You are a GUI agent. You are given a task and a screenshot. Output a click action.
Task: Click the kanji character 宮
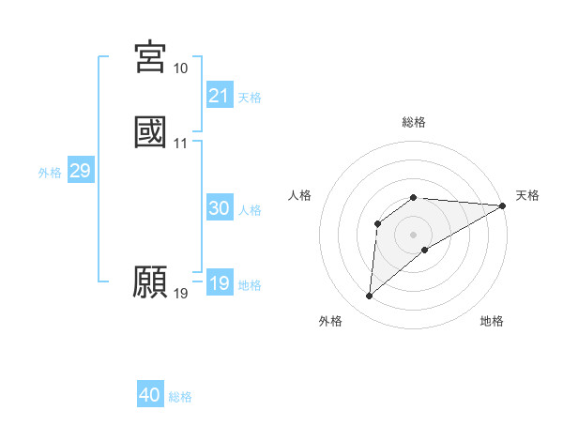tap(151, 56)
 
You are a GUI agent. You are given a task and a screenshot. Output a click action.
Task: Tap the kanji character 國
tap(151, 132)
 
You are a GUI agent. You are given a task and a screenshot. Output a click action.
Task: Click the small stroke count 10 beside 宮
tap(180, 68)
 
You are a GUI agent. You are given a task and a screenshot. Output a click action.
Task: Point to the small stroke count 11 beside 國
tap(180, 144)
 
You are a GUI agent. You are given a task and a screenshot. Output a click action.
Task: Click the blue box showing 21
tap(219, 96)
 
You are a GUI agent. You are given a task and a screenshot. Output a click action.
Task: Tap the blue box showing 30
tap(219, 209)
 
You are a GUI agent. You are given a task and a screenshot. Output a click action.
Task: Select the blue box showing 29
tap(80, 171)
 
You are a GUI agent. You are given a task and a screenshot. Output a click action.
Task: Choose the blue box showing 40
tap(150, 395)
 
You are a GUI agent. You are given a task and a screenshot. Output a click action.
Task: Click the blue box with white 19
tap(219, 283)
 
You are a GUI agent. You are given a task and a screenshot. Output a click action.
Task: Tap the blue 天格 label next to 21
tap(250, 98)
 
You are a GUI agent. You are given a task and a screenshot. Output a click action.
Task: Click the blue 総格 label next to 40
tap(180, 397)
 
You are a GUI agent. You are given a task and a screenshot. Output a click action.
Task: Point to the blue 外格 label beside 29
tap(50, 173)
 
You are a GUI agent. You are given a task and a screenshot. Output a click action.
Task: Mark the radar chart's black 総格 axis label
tap(414, 122)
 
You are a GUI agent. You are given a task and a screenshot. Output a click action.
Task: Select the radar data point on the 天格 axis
tap(503, 205)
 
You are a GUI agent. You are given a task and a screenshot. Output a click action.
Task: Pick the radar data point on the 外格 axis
tap(369, 297)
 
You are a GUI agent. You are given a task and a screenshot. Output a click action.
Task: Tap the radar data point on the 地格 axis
tap(425, 250)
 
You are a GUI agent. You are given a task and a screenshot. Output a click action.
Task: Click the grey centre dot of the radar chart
tap(414, 234)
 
